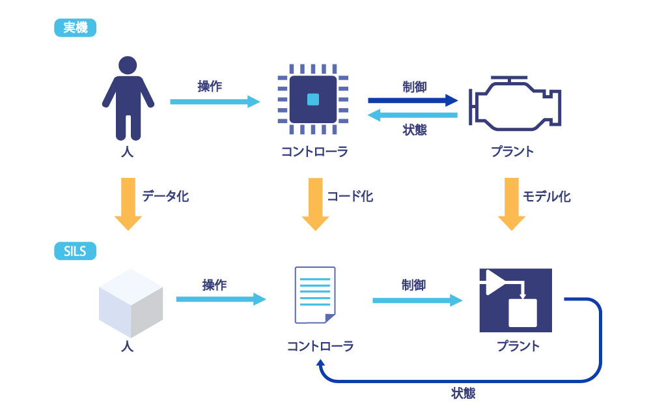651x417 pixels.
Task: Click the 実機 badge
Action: click(75, 28)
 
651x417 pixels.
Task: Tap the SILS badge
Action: click(75, 252)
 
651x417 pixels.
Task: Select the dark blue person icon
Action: click(128, 98)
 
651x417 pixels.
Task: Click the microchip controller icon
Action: click(313, 99)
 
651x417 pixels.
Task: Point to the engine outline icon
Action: click(515, 104)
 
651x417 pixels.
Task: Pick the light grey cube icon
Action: click(131, 303)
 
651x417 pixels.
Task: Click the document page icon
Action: click(315, 295)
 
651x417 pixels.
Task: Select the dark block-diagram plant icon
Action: click(516, 300)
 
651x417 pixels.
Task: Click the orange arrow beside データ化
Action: click(128, 204)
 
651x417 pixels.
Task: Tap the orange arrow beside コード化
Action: click(316, 204)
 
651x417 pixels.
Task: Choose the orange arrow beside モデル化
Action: click(512, 204)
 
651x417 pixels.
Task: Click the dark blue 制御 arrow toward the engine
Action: click(413, 100)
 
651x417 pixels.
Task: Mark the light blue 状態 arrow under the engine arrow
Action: click(413, 115)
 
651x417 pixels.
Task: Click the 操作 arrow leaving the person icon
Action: click(215, 102)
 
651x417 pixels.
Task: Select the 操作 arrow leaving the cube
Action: click(221, 299)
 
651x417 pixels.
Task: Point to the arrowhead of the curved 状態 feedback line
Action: click(320, 362)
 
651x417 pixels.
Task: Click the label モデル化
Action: click(546, 197)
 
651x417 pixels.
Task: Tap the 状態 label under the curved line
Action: click(463, 393)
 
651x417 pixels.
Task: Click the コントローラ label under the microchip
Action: click(314, 152)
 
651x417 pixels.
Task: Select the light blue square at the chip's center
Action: click(313, 99)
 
